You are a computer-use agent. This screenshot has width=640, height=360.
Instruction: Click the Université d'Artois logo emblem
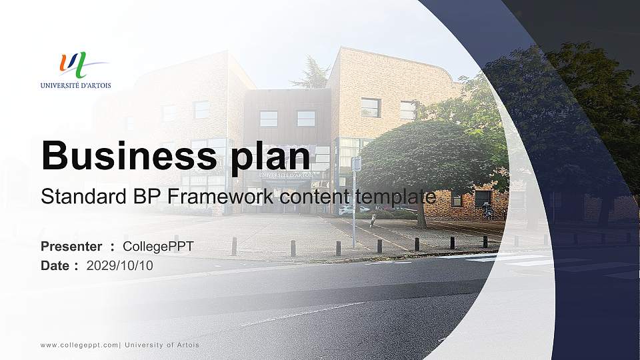coord(73,65)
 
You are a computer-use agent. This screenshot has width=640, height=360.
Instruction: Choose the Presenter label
coord(71,247)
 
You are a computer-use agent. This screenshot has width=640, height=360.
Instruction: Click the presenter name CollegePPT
coord(159,247)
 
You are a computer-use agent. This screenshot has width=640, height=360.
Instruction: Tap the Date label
coord(55,266)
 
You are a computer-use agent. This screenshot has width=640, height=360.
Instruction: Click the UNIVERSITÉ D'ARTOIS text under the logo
coord(75,85)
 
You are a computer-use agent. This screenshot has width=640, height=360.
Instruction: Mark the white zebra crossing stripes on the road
coord(527,259)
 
